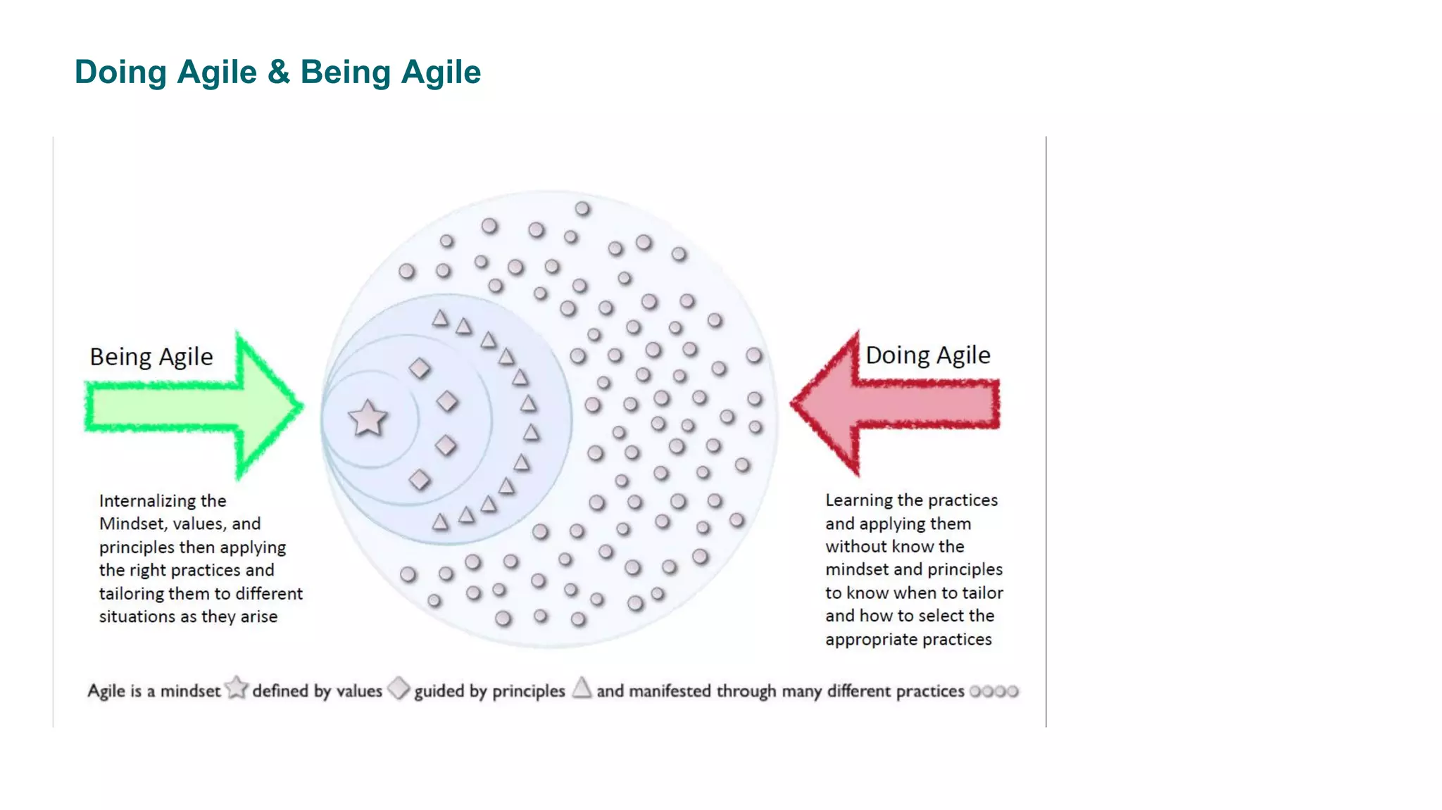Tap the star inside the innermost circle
pos(368,419)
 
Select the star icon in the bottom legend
pos(237,688)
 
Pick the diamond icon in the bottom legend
pos(399,688)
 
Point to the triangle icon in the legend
pos(582,688)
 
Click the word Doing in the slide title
pos(120,72)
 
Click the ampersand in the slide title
pos(279,72)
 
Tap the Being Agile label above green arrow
pos(151,357)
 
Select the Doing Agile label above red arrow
pos(927,355)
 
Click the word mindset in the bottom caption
pos(190,691)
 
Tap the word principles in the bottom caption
pos(528,692)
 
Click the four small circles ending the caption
pos(993,691)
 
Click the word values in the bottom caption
pos(359,691)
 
